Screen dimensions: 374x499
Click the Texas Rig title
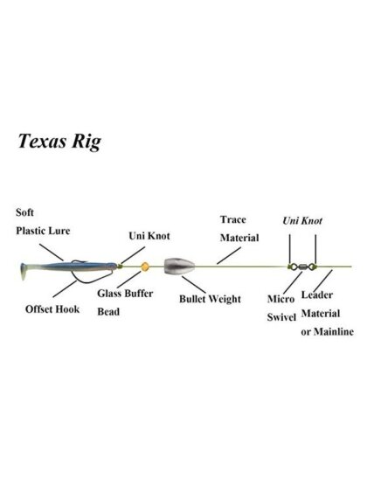click(x=59, y=142)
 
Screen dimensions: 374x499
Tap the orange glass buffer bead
click(x=145, y=267)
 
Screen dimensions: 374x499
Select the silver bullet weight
click(x=179, y=266)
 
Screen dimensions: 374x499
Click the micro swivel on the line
click(x=302, y=267)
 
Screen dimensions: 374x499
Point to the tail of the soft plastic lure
click(x=24, y=271)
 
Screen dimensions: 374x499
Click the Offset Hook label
click(x=52, y=309)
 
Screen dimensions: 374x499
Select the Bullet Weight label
click(x=210, y=299)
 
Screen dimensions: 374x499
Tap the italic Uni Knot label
click(x=302, y=221)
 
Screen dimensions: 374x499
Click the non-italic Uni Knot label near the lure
click(x=149, y=236)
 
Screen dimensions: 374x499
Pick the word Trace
click(x=233, y=219)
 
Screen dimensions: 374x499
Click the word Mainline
click(x=334, y=332)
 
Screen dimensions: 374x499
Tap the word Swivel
click(x=281, y=317)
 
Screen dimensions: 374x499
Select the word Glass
click(x=109, y=294)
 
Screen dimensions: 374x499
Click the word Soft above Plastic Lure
click(x=24, y=212)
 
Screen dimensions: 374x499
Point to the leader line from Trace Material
click(x=229, y=255)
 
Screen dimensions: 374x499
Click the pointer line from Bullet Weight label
click(x=195, y=285)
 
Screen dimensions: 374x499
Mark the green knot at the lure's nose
click(x=120, y=266)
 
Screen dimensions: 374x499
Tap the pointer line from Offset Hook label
click(x=65, y=289)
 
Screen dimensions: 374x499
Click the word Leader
click(x=317, y=295)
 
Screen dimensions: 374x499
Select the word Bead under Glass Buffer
click(x=108, y=312)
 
